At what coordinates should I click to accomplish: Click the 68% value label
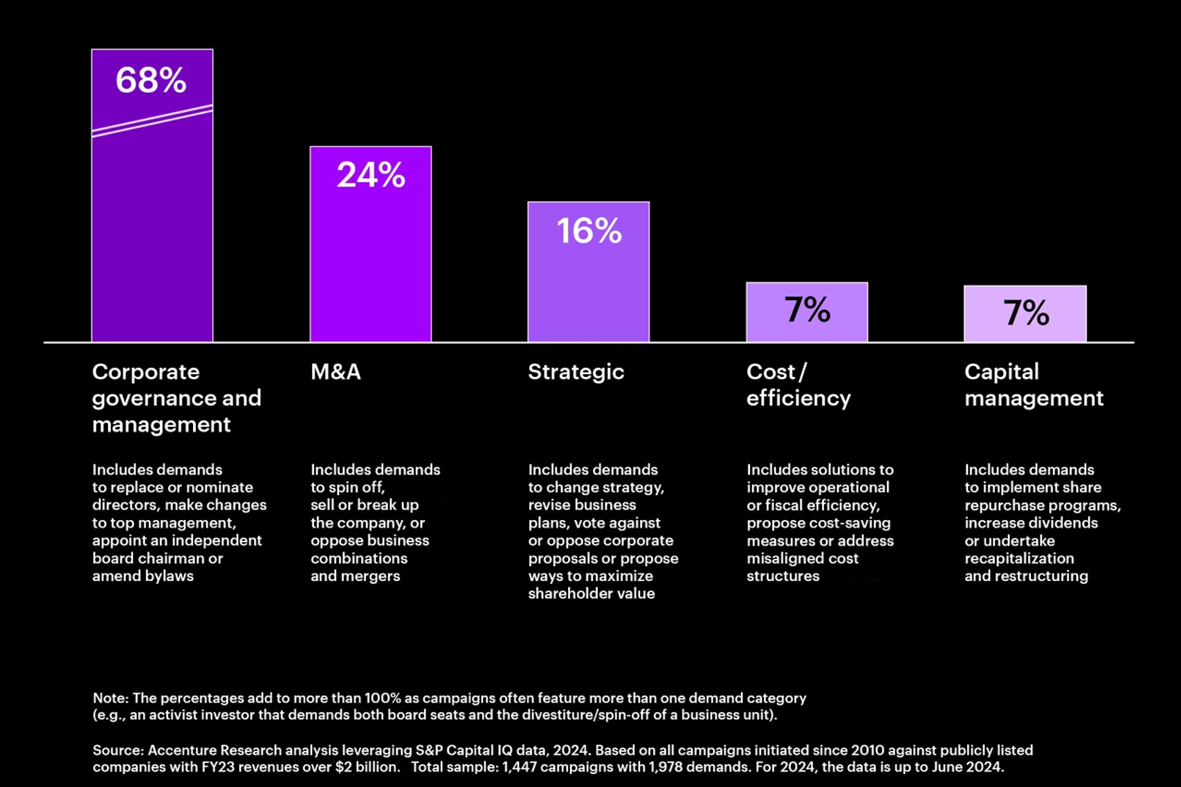tap(151, 80)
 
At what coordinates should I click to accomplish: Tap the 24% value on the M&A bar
tap(371, 175)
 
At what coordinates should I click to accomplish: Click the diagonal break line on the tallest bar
tap(152, 120)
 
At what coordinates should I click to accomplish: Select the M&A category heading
tap(336, 372)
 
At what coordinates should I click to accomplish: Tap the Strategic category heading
tap(576, 372)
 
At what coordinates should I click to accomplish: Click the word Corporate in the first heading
tap(145, 372)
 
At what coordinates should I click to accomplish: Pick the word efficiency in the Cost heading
tap(798, 398)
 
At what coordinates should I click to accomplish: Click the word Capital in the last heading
tap(1001, 372)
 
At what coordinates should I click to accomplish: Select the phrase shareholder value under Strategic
tap(591, 593)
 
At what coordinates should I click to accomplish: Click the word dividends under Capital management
tap(1063, 523)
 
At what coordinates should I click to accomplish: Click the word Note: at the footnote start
tap(110, 698)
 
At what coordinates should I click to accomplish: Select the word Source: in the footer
tap(118, 750)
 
